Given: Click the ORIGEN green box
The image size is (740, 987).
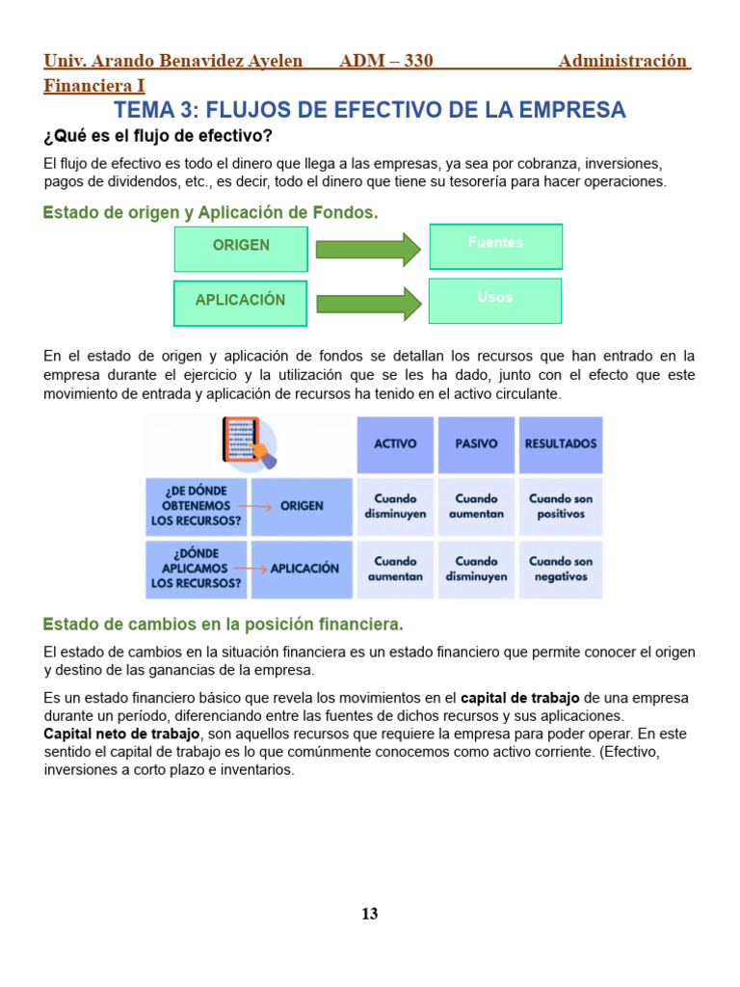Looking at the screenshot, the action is coord(241,247).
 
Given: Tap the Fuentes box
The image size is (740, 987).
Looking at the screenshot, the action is coord(495,246).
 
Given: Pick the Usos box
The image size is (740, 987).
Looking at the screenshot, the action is coord(495,301).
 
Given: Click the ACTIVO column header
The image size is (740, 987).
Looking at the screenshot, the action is coord(395,444).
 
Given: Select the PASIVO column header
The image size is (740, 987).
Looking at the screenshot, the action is coord(476,444).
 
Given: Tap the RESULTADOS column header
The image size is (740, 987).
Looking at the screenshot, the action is coord(561,444).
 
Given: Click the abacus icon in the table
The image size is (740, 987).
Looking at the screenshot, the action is coord(244,440).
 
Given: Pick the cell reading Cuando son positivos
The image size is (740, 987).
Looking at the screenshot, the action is coord(561,506).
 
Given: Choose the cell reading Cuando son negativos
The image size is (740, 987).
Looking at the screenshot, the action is coord(561,569).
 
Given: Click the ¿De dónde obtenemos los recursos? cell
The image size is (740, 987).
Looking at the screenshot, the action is coord(197,506).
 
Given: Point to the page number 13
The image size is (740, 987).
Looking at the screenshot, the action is coord(370,914).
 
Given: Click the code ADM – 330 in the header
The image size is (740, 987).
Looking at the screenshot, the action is coord(386,62).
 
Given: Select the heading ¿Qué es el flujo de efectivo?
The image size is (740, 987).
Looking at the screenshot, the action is coord(158,136).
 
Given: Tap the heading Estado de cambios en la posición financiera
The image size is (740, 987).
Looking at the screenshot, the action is coord(224,624).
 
